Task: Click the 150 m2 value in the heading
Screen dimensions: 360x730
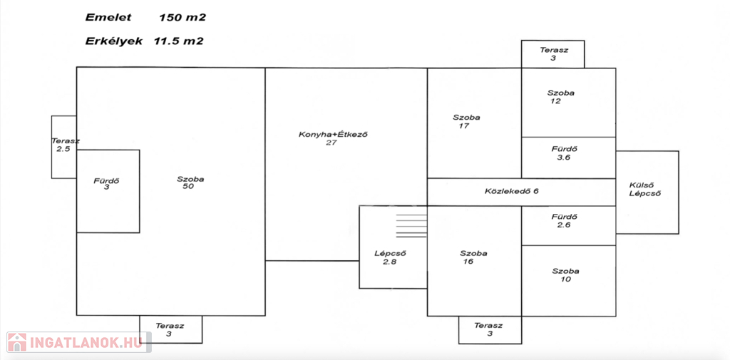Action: point(188,16)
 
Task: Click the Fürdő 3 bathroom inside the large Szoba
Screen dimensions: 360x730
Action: point(107,184)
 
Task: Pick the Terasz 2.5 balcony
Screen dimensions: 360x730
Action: point(65,145)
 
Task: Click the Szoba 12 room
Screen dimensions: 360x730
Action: point(560,97)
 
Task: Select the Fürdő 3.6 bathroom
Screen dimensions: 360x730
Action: point(564,153)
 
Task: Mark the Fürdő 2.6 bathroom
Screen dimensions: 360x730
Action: point(564,221)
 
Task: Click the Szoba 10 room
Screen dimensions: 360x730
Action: point(565,274)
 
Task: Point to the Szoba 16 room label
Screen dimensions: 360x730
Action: point(473,257)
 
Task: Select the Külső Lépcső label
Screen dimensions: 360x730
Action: point(646,190)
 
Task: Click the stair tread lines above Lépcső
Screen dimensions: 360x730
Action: point(411,224)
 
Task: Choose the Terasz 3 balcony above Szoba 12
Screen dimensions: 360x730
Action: point(552,53)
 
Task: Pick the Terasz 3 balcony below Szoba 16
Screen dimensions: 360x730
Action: point(490,329)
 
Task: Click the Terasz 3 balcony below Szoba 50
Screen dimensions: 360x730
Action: point(170,329)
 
